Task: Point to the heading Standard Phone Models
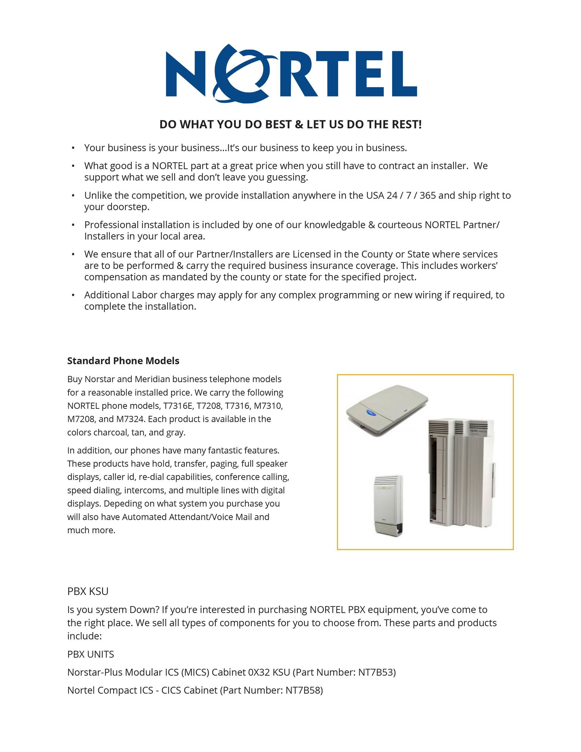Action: pos(123,360)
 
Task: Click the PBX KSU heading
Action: pos(88,591)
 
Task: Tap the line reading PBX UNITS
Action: pos(90,654)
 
